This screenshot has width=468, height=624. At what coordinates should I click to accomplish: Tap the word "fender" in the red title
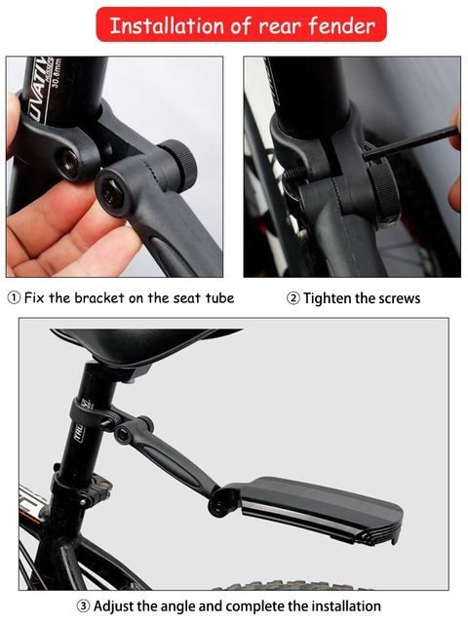pyautogui.click(x=341, y=26)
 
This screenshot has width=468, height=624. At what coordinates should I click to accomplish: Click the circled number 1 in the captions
pyautogui.click(x=14, y=297)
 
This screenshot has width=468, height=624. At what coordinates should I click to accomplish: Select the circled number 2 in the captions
pyautogui.click(x=292, y=297)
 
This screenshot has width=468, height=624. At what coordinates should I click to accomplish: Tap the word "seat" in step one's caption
pyautogui.click(x=188, y=297)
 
